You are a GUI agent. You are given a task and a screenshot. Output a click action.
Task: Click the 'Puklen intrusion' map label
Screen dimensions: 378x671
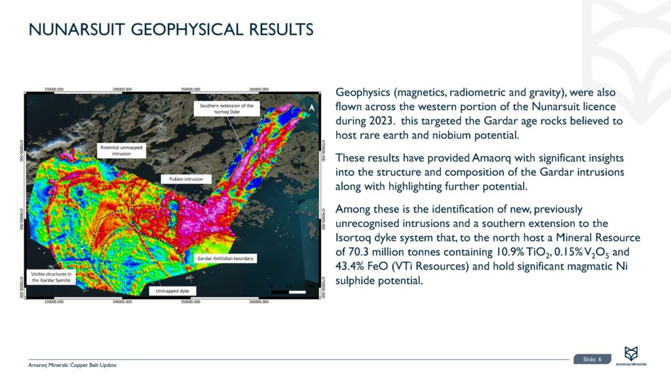[x=183, y=178]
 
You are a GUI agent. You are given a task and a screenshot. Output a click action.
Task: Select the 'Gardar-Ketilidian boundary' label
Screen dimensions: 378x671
[x=226, y=259]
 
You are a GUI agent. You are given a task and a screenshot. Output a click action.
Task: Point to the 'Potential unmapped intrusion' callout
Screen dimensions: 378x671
[x=122, y=150]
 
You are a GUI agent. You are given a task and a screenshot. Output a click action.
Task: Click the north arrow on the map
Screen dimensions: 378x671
[x=313, y=108]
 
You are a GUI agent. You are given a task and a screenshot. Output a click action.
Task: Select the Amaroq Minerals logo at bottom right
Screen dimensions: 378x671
[x=631, y=356]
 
